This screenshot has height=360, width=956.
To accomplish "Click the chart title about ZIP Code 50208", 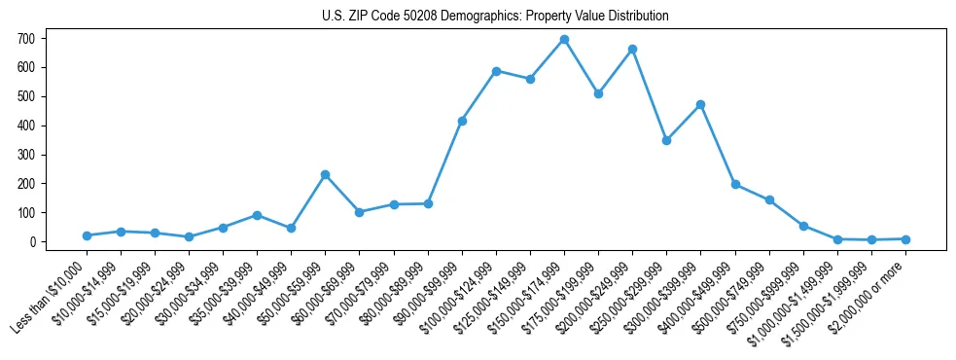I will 495,17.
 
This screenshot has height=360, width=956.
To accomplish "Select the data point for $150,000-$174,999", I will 564,40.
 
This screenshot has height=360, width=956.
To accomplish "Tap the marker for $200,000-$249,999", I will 632,49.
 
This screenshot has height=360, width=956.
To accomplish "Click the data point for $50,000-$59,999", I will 325,175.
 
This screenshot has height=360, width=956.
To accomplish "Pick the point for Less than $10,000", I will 87,235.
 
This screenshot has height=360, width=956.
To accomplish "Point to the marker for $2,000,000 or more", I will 905,239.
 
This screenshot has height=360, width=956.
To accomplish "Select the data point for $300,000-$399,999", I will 700,104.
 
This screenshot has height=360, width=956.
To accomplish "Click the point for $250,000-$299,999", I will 666,140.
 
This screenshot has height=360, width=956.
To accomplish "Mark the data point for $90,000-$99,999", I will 462,121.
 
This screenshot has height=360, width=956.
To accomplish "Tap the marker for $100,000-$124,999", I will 496,71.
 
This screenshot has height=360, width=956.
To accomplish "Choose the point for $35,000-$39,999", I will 257,215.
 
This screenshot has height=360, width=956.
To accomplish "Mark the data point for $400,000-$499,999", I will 735,184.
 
